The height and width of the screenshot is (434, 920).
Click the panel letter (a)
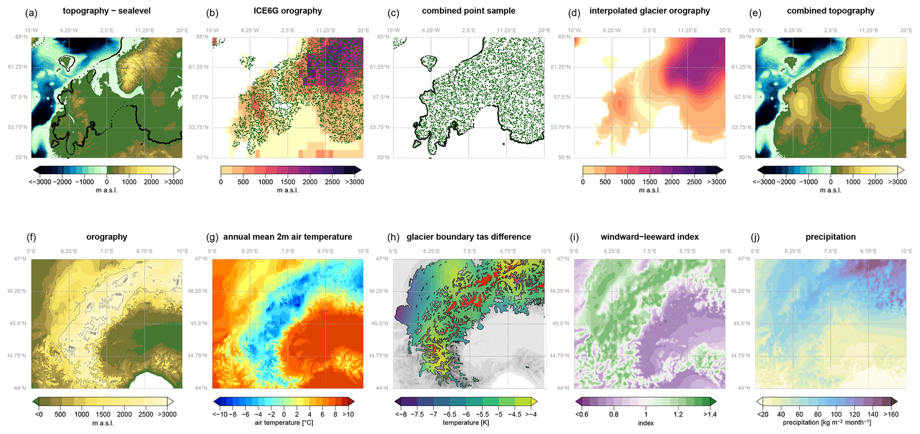(x=31, y=13)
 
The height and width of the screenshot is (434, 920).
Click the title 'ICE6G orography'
(x=288, y=11)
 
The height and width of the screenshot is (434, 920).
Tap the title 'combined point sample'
(x=468, y=11)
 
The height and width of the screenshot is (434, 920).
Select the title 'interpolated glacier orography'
(x=649, y=11)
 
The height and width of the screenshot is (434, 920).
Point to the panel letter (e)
(x=755, y=13)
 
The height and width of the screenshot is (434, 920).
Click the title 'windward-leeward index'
(x=649, y=237)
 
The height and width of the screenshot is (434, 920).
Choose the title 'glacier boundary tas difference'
(x=468, y=237)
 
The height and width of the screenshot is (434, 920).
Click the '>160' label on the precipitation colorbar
(x=890, y=414)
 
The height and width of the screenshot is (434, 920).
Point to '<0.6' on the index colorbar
(x=582, y=414)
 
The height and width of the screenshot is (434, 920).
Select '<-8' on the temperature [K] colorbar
(x=402, y=414)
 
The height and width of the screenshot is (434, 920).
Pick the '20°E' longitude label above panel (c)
(x=544, y=30)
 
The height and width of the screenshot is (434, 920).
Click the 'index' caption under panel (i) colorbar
(x=646, y=423)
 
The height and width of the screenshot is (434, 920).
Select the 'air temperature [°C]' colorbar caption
(x=284, y=422)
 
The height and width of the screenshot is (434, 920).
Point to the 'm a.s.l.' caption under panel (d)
(x=649, y=190)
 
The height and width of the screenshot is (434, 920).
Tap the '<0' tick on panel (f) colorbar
(x=39, y=414)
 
